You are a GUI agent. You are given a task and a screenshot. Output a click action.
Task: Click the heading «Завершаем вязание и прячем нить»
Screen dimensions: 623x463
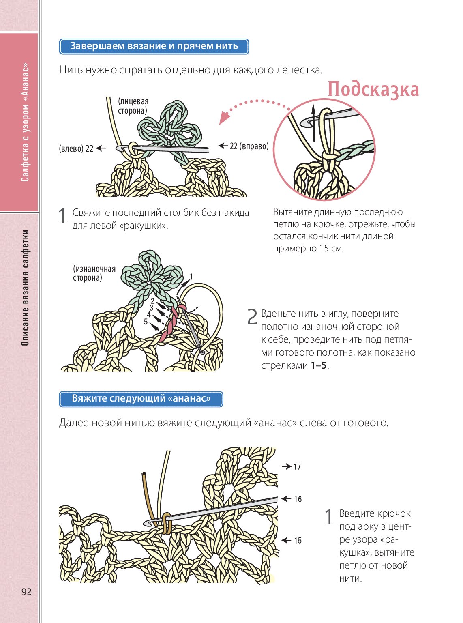pos(154,46)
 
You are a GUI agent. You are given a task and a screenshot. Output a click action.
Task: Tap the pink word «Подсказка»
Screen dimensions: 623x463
pos(373,90)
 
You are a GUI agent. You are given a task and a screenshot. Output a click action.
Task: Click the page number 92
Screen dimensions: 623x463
pos(26,592)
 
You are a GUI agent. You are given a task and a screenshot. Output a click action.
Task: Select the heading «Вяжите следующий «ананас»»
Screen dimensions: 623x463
pos(141,399)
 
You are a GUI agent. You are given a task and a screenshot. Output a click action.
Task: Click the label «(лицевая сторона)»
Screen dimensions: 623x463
pos(133,106)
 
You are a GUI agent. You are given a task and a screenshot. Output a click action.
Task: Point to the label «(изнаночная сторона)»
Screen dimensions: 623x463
pos(94,273)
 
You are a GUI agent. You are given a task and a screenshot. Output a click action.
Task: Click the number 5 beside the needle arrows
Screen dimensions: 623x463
pos(146,322)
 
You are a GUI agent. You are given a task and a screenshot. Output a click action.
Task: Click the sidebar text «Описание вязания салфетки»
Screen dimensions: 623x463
pos(25,288)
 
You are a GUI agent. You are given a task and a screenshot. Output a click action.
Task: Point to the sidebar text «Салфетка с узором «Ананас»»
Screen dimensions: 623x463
pos(25,122)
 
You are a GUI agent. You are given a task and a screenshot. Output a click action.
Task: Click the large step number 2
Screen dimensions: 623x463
pos(252,317)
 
